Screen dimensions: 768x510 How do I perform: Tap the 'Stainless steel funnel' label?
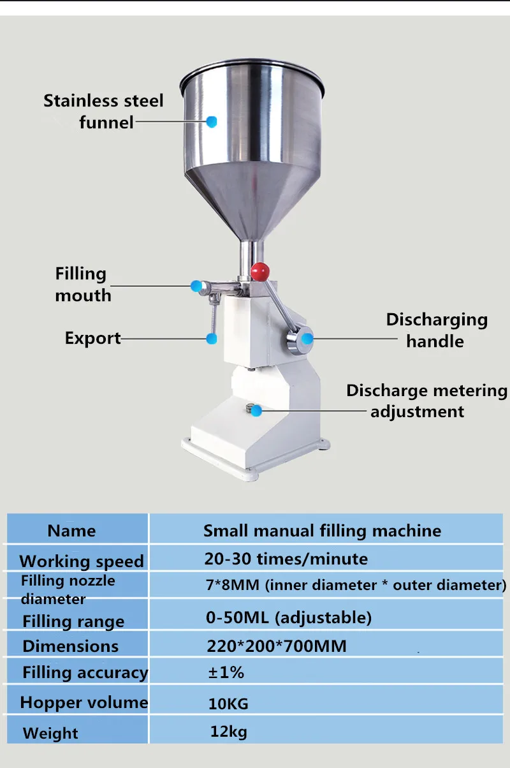point(103,111)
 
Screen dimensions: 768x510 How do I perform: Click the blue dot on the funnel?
point(212,121)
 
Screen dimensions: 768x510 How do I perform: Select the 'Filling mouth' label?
point(82,284)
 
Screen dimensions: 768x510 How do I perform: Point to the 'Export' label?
point(92,338)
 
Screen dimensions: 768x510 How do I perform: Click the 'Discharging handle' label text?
point(436,330)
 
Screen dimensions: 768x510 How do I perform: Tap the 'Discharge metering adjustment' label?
point(427,401)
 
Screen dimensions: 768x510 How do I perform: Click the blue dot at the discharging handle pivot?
point(307,339)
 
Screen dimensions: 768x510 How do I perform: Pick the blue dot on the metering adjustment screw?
point(256,411)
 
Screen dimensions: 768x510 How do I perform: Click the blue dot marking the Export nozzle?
point(211,339)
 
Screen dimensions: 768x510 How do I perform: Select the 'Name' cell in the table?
point(71,531)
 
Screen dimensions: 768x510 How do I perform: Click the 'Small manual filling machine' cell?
point(322,531)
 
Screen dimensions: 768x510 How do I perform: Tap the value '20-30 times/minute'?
point(286,559)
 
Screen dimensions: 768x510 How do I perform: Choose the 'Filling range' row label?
point(73,621)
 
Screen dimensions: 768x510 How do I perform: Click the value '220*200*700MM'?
point(277,646)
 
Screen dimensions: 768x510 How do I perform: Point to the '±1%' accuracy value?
point(226,672)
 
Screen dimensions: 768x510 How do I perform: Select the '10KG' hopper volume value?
point(228,704)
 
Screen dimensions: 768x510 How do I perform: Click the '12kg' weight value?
point(228,732)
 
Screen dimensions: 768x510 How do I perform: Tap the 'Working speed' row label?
point(82,561)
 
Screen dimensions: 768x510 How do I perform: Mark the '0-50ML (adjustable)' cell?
point(288,617)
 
